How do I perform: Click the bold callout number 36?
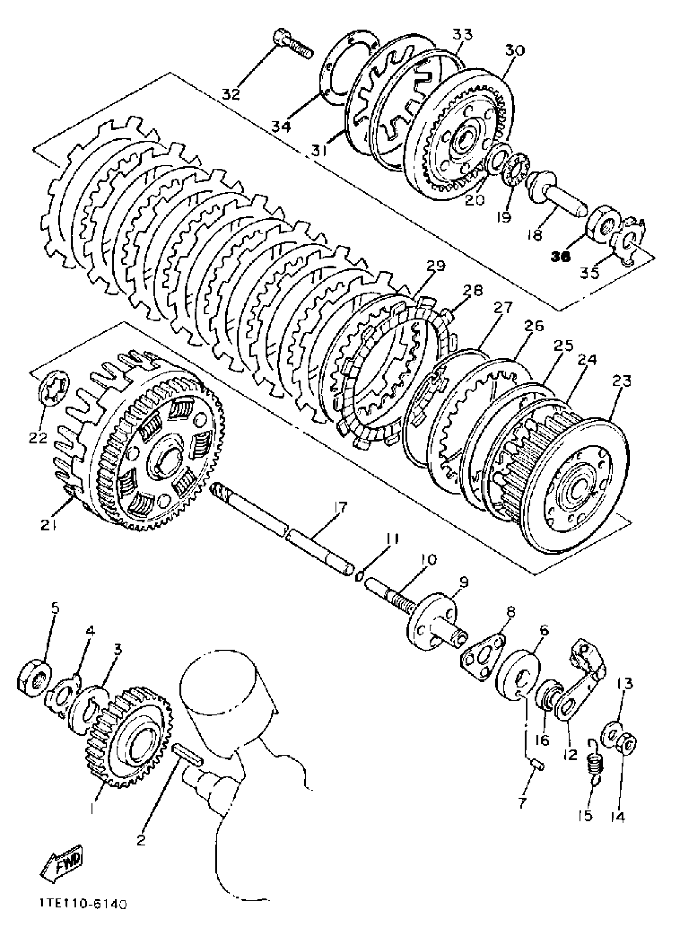561,256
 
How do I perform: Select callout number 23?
622,380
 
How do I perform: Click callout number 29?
436,266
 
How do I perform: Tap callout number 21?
49,525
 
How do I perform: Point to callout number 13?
625,684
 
